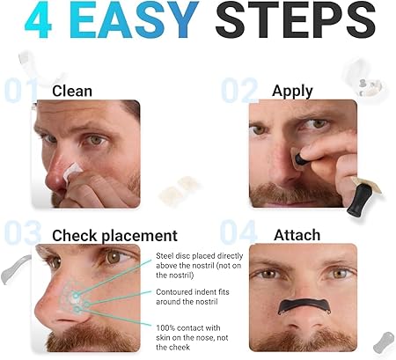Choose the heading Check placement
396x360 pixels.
pyautogui.click(x=114, y=235)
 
